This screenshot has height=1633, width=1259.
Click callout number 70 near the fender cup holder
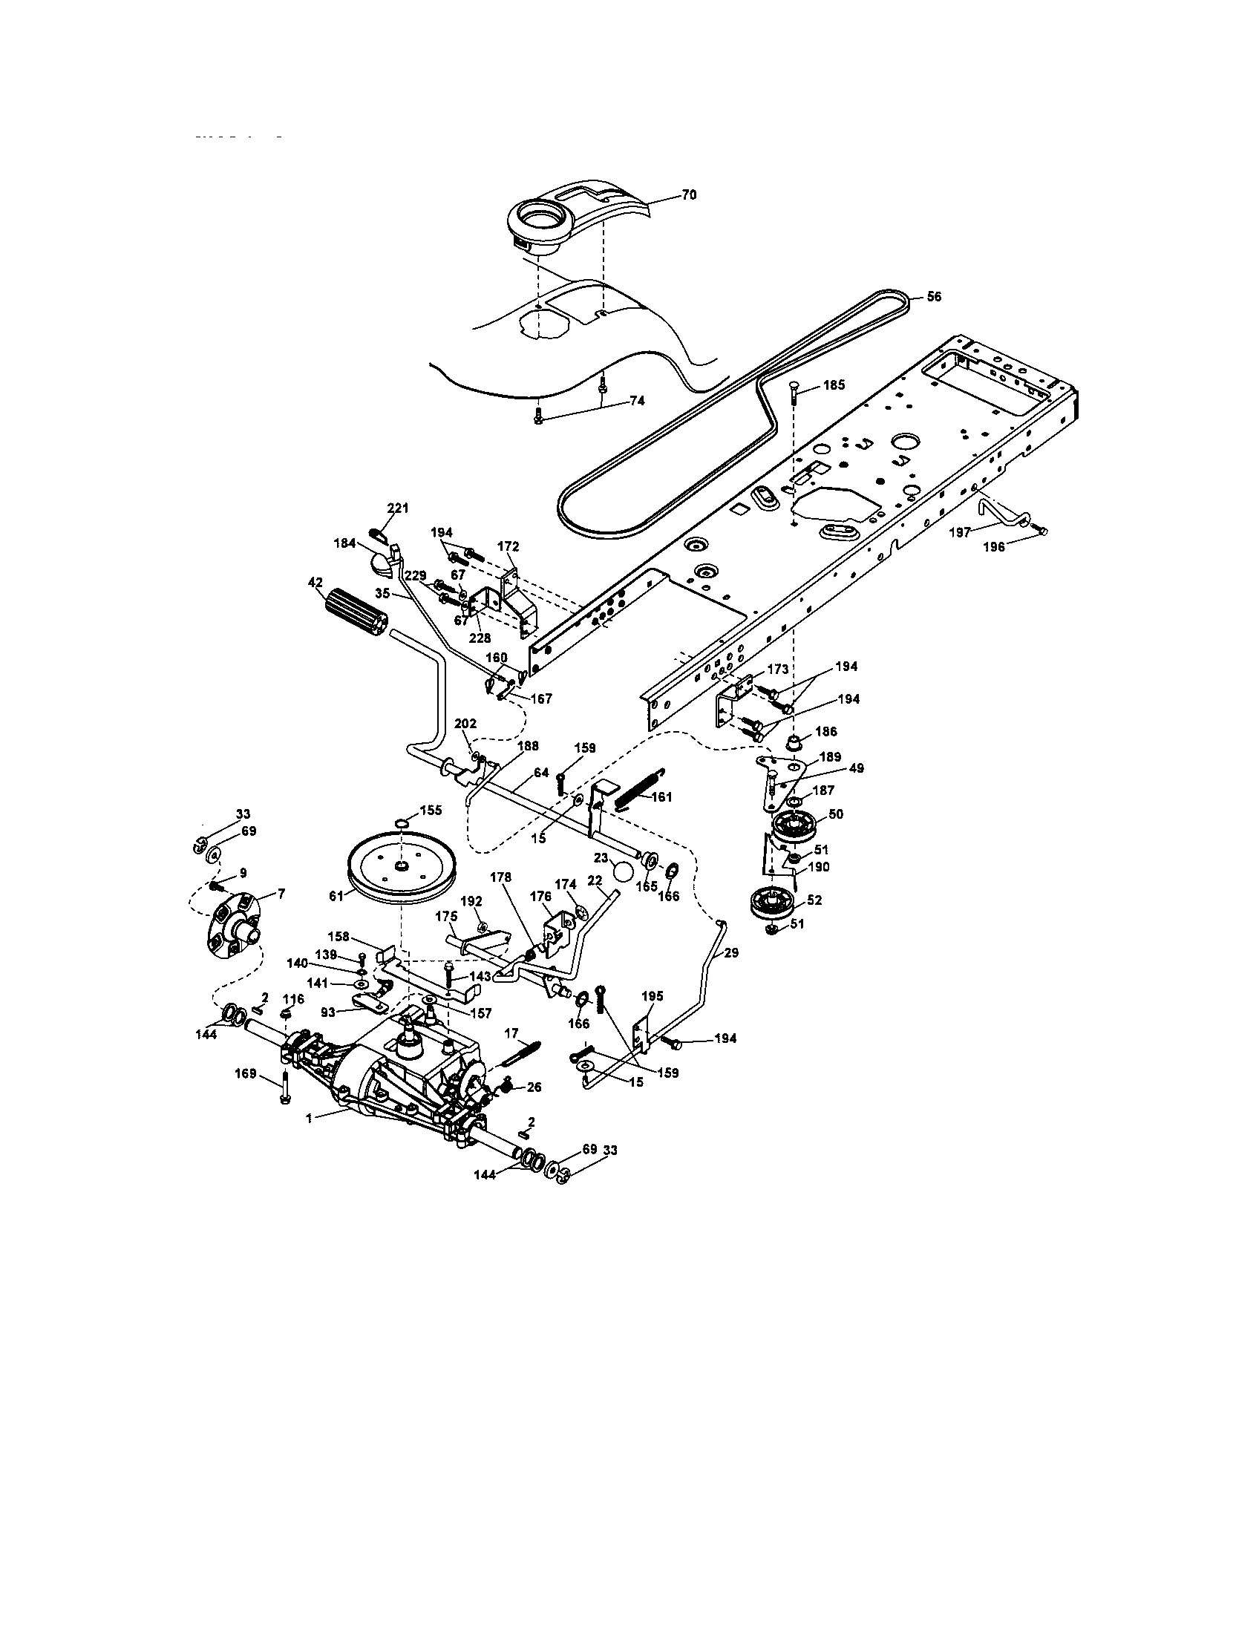pyautogui.click(x=689, y=194)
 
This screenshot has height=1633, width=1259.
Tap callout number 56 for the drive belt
pyautogui.click(x=934, y=296)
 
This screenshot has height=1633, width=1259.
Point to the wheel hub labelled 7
pyautogui.click(x=232, y=924)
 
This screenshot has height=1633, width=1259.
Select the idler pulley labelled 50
pyautogui.click(x=796, y=828)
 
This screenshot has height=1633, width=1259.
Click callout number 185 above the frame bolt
pyautogui.click(x=834, y=385)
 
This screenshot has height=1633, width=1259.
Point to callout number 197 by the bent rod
pyautogui.click(x=960, y=532)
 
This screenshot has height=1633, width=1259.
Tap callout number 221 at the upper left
pyautogui.click(x=398, y=508)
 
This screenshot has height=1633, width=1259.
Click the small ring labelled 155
pyautogui.click(x=402, y=824)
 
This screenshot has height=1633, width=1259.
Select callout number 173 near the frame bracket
pyautogui.click(x=777, y=670)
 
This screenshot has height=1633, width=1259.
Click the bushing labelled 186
pyautogui.click(x=794, y=744)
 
